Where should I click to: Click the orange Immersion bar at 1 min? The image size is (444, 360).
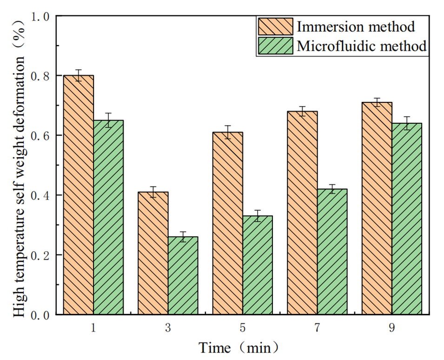[x=79, y=195]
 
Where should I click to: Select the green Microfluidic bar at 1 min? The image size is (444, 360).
[x=108, y=217]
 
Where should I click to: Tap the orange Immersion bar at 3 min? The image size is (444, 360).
[x=153, y=253]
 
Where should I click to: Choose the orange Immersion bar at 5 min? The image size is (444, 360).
[x=228, y=223]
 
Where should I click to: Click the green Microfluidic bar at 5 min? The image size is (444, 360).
[x=258, y=265]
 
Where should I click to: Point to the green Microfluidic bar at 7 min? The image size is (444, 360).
[x=332, y=252]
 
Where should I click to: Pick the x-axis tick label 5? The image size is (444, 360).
[x=243, y=328]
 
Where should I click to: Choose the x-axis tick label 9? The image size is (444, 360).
[x=392, y=328]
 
